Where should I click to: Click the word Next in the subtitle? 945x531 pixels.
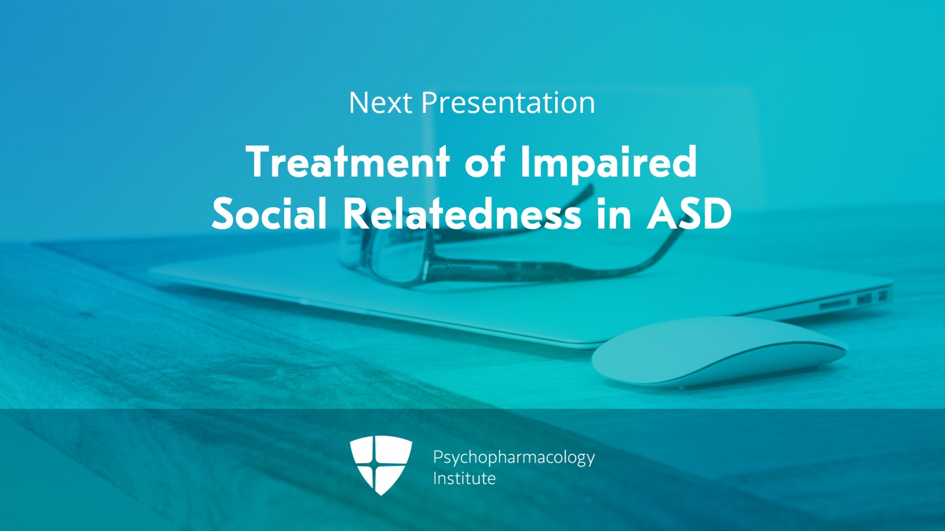[380, 103]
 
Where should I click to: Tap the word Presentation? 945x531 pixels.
[508, 103]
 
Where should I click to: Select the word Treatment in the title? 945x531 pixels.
[348, 162]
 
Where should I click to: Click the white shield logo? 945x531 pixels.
[381, 465]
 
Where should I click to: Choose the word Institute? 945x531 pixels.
[464, 478]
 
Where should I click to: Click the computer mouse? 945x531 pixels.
[719, 352]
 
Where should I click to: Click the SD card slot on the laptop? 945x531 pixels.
[835, 303]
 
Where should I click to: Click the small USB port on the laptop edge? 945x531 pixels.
[865, 299]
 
